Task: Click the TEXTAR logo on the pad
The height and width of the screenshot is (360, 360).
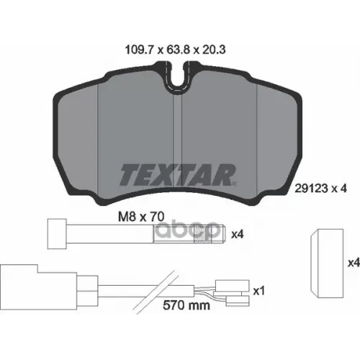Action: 176,174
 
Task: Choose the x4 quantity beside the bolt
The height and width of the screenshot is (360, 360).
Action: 237,233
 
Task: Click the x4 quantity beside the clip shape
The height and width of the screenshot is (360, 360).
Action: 353,264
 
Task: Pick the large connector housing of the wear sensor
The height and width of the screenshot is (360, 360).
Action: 22,285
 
